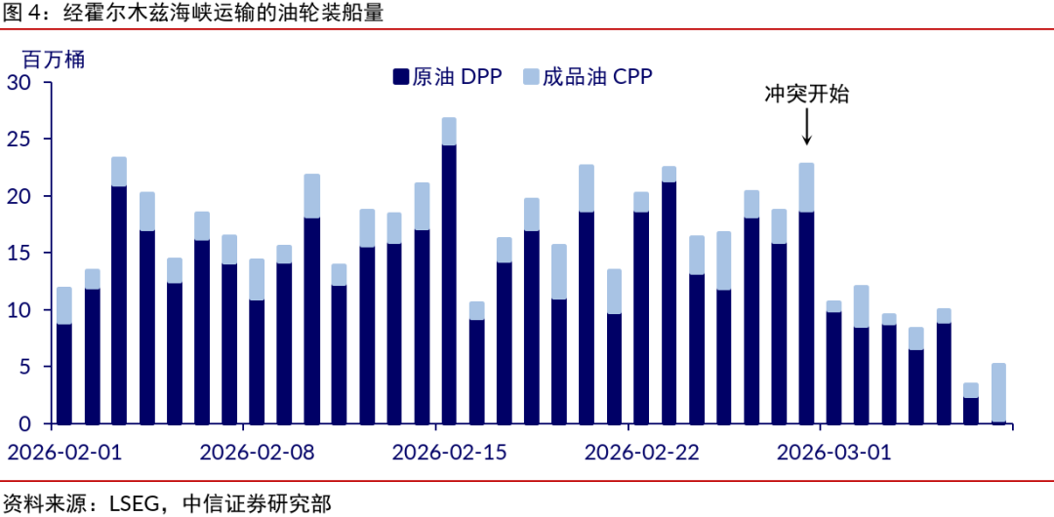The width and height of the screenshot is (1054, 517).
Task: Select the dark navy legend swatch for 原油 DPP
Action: (398, 77)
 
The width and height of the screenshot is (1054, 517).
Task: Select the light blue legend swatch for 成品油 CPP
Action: (531, 77)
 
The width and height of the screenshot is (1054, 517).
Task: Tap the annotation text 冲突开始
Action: (806, 95)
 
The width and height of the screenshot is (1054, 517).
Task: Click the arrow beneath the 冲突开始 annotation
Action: (806, 127)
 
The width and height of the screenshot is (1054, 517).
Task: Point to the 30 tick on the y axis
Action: (20, 83)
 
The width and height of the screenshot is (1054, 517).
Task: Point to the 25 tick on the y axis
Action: (20, 139)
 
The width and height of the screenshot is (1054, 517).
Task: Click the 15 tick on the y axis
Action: (20, 254)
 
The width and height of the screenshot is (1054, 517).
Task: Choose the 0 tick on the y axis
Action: (25, 423)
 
